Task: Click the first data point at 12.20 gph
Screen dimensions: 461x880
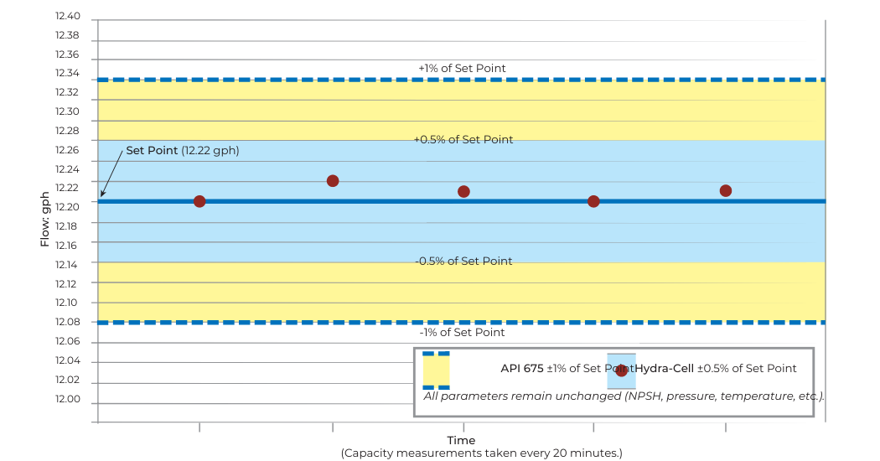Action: (x=199, y=201)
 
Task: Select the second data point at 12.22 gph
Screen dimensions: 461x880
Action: (x=333, y=181)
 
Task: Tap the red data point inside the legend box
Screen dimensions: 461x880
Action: (x=621, y=370)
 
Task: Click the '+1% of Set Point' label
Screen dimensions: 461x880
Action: (x=462, y=68)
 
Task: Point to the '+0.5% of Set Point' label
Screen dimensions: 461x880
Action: (x=463, y=140)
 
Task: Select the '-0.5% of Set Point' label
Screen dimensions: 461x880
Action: (x=463, y=261)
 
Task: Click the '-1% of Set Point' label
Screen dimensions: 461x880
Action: (x=462, y=333)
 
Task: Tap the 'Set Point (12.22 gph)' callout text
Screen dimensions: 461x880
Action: (x=183, y=151)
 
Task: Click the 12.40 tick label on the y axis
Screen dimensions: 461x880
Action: (x=67, y=17)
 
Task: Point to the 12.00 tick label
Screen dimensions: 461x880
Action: (x=67, y=400)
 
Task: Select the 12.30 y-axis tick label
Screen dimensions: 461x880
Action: (x=67, y=111)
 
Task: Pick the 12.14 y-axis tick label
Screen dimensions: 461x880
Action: (x=67, y=264)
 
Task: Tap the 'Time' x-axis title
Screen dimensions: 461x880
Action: (x=461, y=440)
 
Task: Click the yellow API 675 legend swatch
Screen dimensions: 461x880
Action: (x=436, y=370)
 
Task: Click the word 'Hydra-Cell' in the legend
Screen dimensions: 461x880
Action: (x=664, y=368)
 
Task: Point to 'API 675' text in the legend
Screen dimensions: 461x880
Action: (x=522, y=368)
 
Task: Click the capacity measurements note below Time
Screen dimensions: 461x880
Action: (x=481, y=453)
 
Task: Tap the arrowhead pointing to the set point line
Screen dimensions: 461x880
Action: (x=102, y=194)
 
